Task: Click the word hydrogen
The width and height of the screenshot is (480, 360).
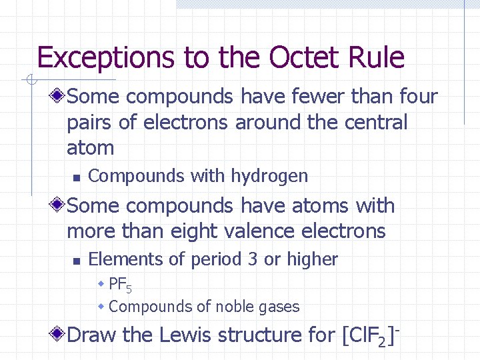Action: coord(269,177)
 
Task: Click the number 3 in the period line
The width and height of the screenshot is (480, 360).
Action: coord(252,260)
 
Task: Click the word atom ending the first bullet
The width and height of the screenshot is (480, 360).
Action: coord(90,148)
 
